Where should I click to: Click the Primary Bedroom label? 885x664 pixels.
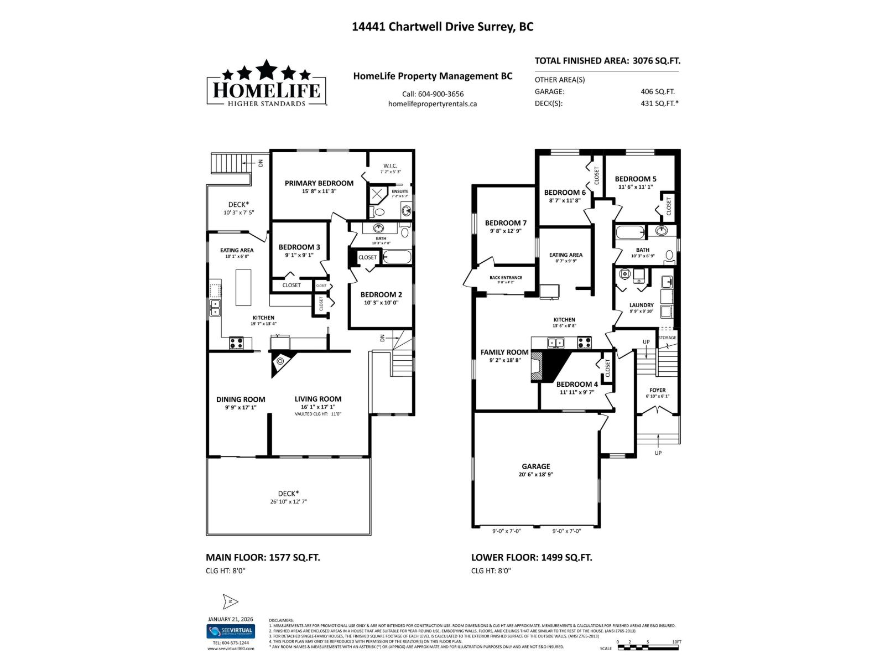pyautogui.click(x=319, y=183)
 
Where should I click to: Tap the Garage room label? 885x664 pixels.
pyautogui.click(x=535, y=466)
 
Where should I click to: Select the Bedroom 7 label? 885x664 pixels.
pyautogui.click(x=502, y=223)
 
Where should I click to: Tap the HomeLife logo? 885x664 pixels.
pyautogui.click(x=266, y=84)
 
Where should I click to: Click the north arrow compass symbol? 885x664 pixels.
pyautogui.click(x=230, y=601)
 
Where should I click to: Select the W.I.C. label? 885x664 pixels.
pyautogui.click(x=390, y=166)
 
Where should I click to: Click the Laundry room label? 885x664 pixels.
pyautogui.click(x=641, y=305)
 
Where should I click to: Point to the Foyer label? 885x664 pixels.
pyautogui.click(x=657, y=390)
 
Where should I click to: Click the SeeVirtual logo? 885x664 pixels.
pyautogui.click(x=230, y=631)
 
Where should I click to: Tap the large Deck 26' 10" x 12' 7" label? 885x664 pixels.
pyautogui.click(x=288, y=494)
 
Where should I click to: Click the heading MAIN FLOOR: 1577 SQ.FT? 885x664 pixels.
pyautogui.click(x=263, y=557)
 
